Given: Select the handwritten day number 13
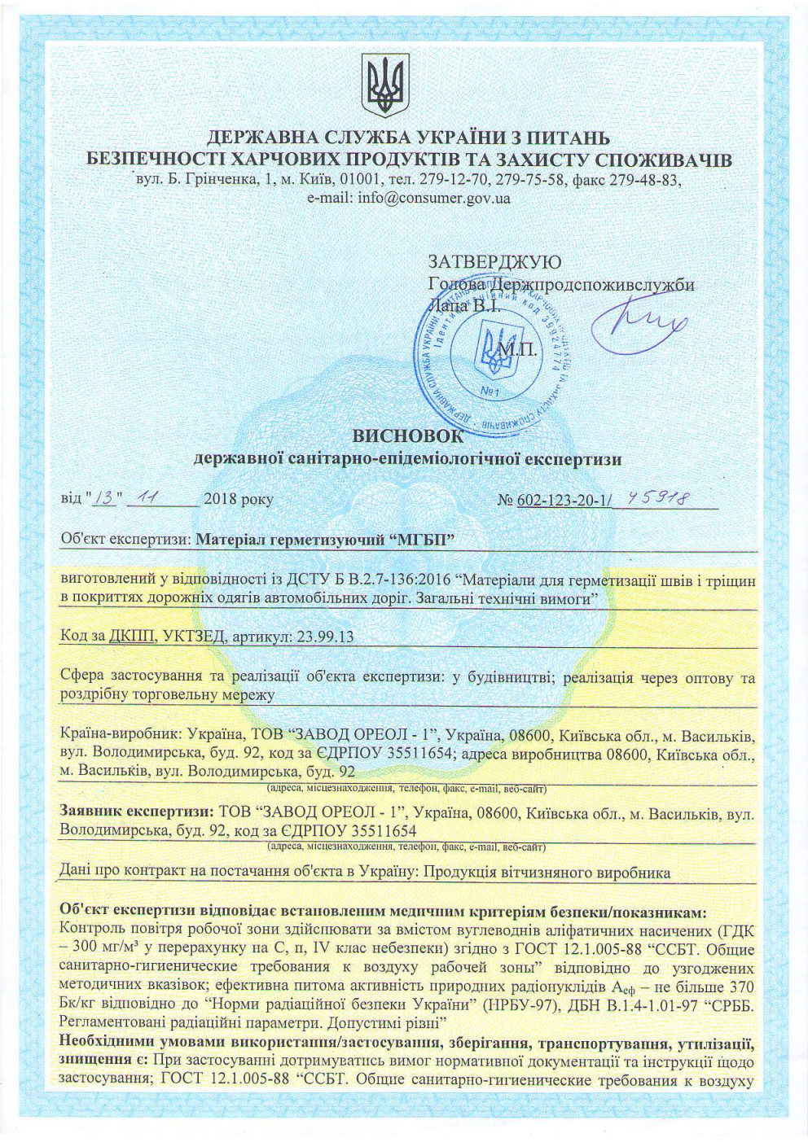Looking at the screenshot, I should tap(107, 498).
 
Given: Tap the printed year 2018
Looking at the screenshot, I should tap(222, 499).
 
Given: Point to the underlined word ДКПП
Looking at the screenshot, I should tap(126, 637).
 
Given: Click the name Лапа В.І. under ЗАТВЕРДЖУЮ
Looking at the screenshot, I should tap(459, 306).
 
